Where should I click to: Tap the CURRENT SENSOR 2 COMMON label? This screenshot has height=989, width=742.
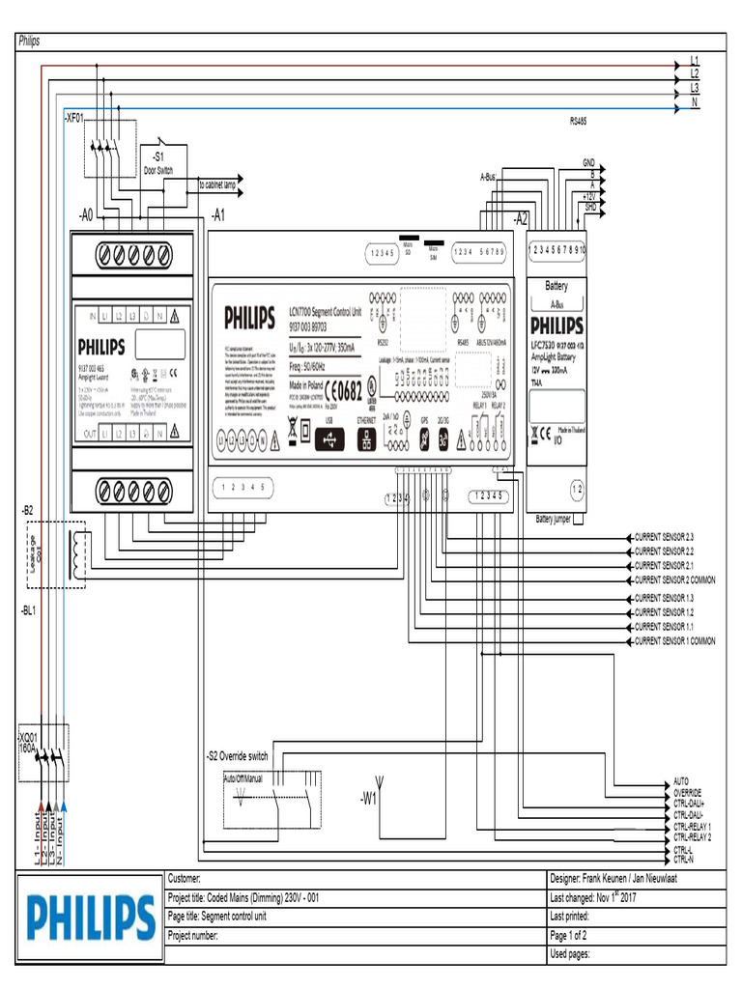click(x=674, y=580)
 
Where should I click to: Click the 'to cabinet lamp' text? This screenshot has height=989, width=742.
click(x=217, y=184)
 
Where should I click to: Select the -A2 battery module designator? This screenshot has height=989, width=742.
click(x=521, y=218)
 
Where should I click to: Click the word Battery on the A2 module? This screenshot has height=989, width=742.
click(x=556, y=286)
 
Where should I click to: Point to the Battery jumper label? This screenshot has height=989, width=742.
click(x=553, y=520)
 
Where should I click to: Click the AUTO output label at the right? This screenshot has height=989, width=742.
click(x=681, y=779)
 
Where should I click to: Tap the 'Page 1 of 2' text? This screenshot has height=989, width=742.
click(x=574, y=935)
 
